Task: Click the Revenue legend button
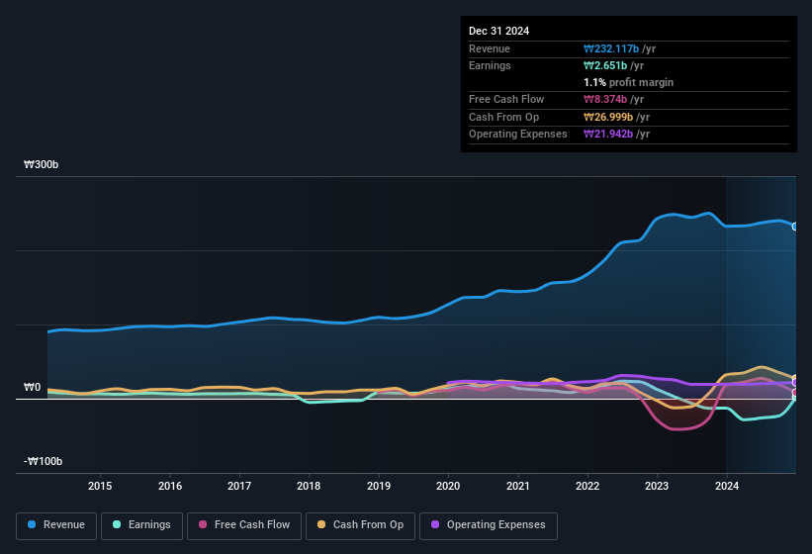[x=56, y=525]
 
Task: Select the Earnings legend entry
[x=140, y=525]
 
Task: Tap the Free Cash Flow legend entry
[x=243, y=525]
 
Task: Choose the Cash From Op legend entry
[x=359, y=525]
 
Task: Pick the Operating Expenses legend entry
[x=489, y=525]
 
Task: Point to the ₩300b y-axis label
[x=42, y=165]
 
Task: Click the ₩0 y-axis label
[x=33, y=388]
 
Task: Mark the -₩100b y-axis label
[x=44, y=462]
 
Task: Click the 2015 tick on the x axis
[x=100, y=486]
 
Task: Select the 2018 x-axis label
[x=309, y=486]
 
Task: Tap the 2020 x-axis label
[x=448, y=486]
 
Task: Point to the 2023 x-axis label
[x=657, y=486]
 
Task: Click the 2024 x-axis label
[x=727, y=486]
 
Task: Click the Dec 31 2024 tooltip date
[x=498, y=31]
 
